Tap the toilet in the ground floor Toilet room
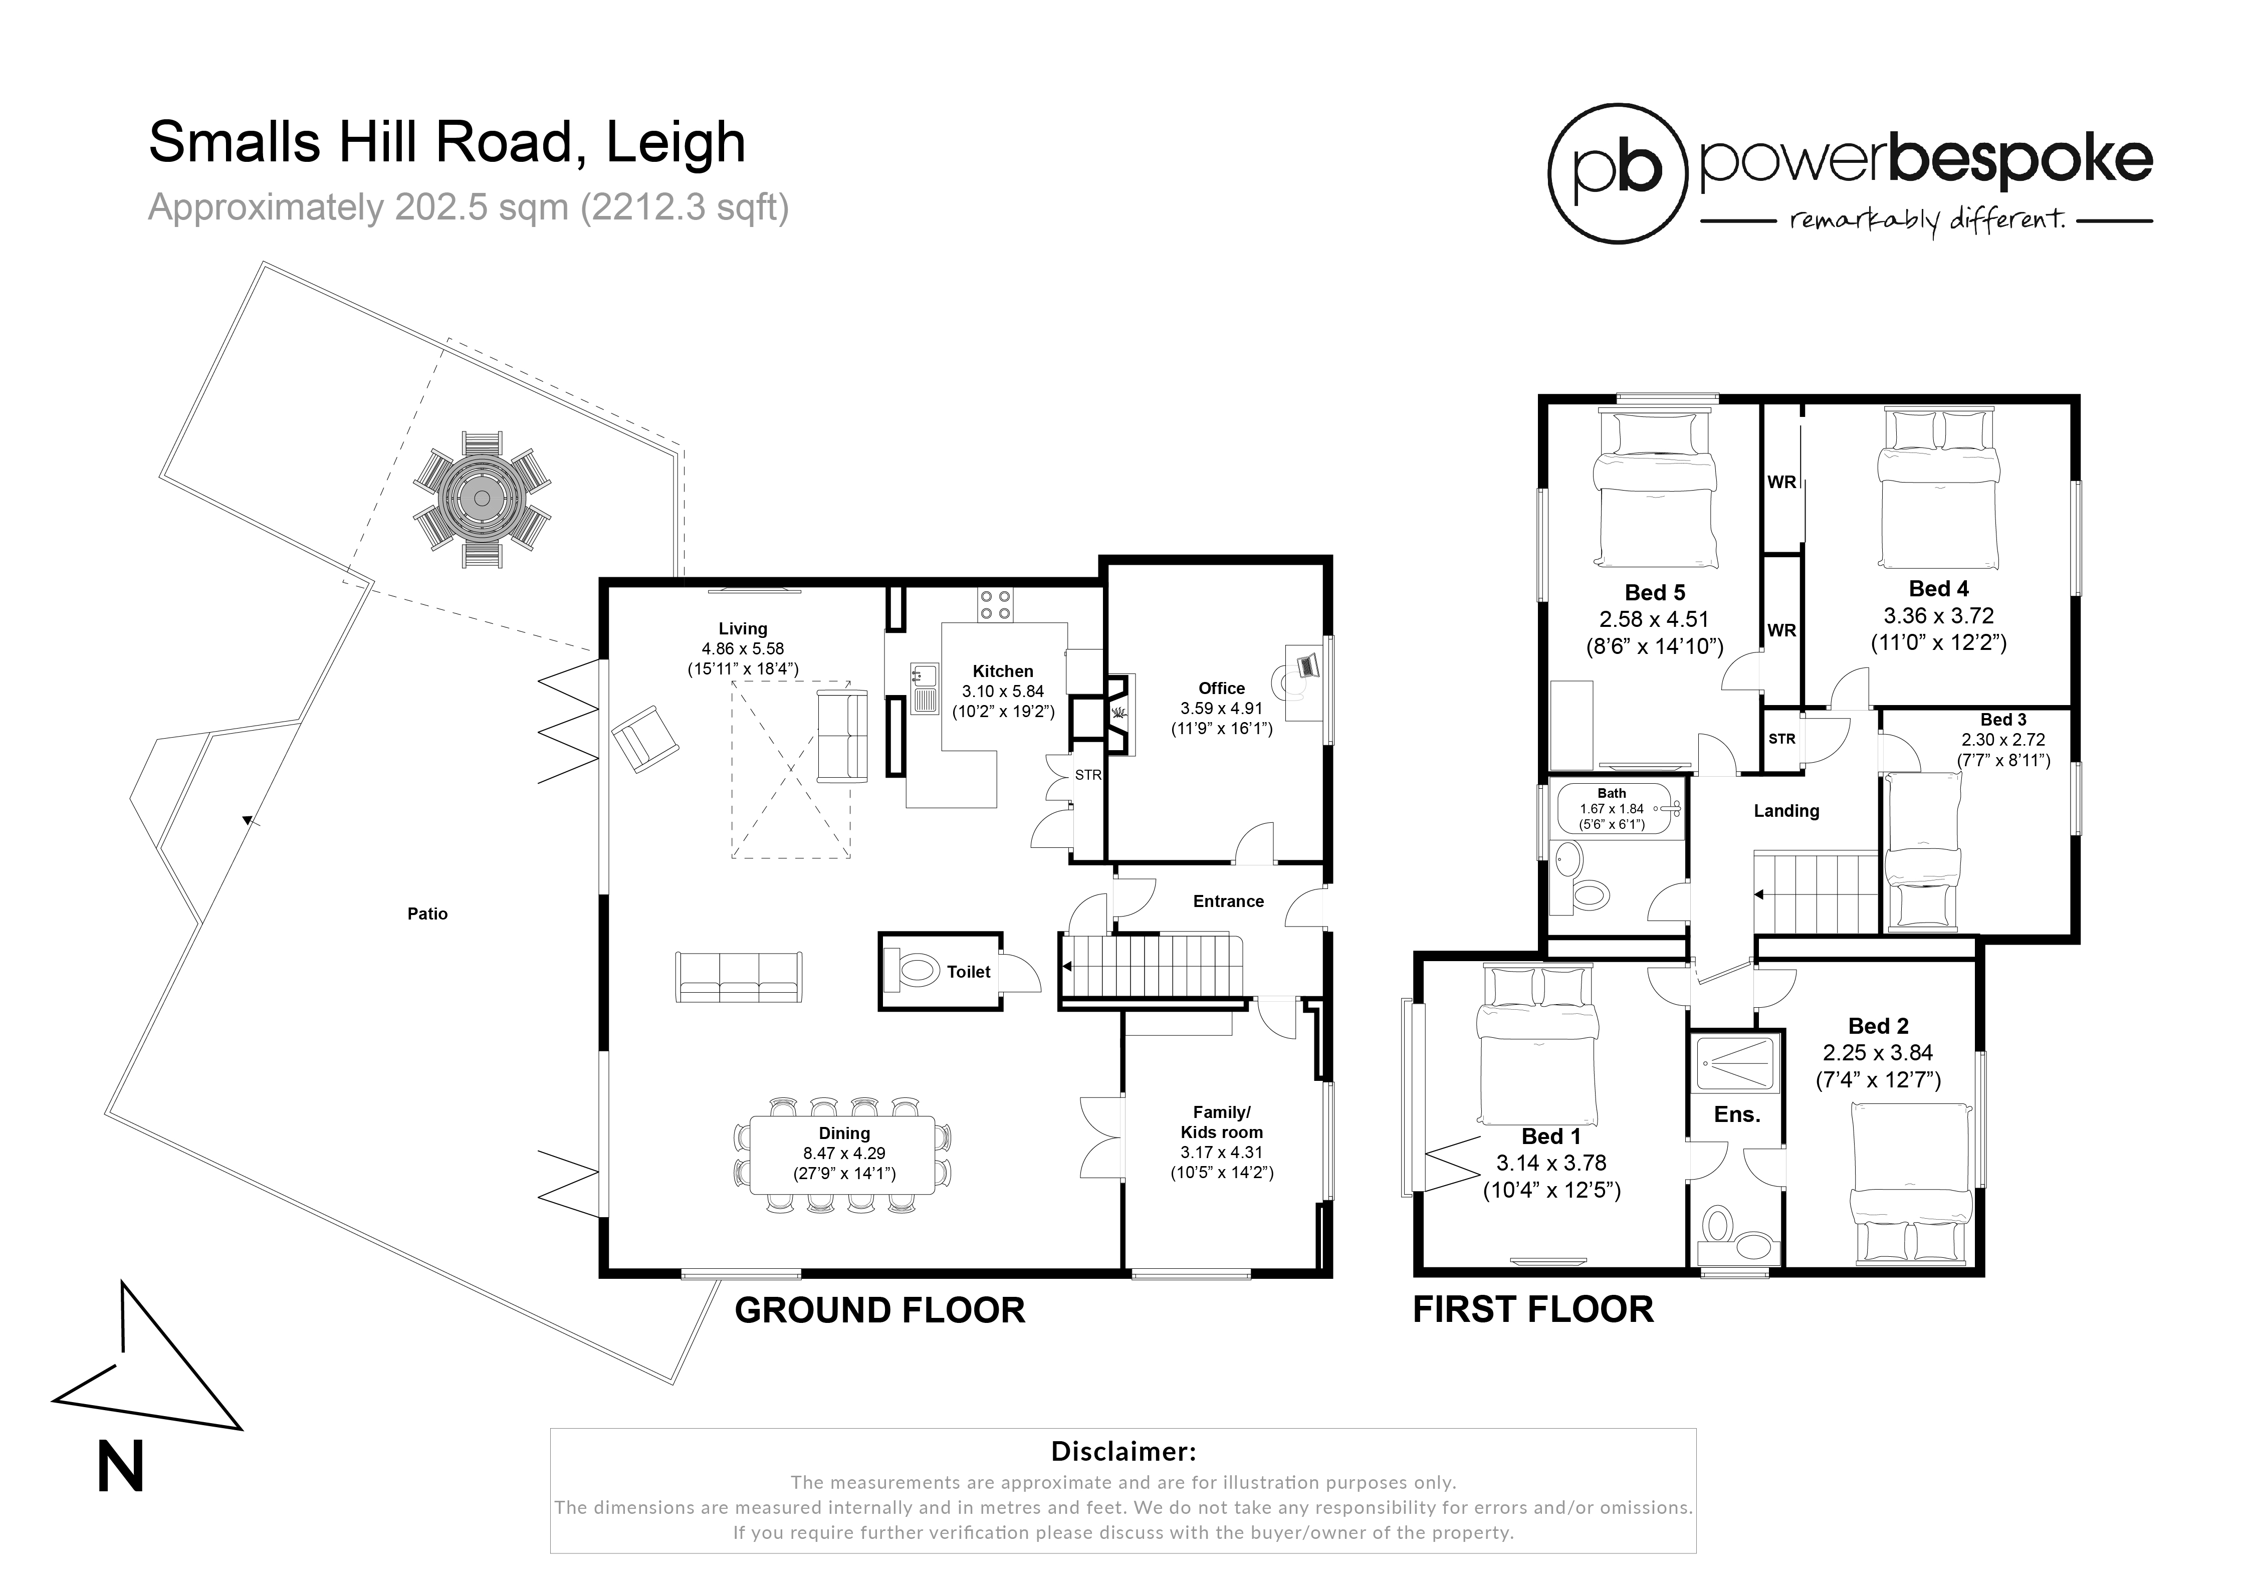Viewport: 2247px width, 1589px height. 917,971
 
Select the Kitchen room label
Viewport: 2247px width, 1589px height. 1002,671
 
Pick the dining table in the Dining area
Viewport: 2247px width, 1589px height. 843,1155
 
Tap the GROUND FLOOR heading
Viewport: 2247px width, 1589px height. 879,1310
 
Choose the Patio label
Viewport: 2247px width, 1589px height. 427,914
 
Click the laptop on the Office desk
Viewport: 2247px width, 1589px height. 1307,666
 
